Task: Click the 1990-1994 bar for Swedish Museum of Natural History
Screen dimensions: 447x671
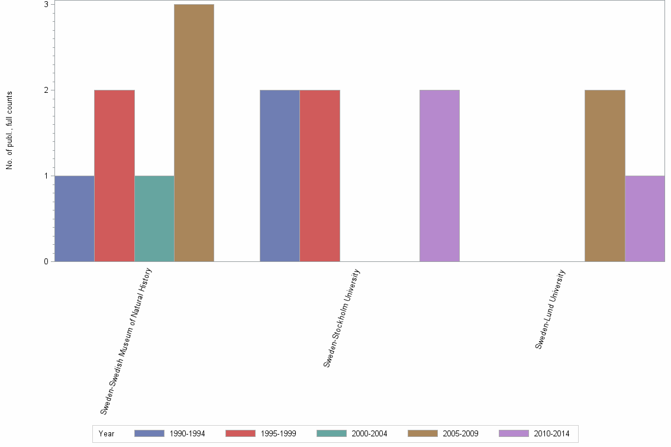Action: (74, 218)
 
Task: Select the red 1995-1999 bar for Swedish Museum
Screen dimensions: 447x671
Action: (114, 176)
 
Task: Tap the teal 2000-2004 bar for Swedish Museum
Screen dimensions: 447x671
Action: (154, 218)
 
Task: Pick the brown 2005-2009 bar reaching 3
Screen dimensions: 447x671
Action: (194, 133)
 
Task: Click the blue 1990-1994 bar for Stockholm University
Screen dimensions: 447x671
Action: (280, 176)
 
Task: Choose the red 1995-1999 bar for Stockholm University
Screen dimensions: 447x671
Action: (320, 176)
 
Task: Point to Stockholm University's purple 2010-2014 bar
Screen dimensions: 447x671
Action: (439, 176)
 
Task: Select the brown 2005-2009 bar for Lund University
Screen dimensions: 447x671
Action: (605, 176)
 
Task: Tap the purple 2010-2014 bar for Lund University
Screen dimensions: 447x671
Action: (644, 218)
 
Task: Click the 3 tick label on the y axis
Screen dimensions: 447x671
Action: (46, 5)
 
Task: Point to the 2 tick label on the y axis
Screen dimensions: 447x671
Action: (46, 90)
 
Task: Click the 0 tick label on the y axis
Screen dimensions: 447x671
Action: (46, 261)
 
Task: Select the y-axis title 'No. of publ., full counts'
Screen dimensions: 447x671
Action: (9, 131)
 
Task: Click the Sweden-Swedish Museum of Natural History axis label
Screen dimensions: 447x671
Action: (126, 341)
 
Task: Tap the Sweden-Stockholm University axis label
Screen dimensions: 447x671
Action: (342, 318)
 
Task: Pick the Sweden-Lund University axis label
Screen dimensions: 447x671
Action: (551, 309)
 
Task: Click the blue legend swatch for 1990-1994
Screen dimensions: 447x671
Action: (149, 433)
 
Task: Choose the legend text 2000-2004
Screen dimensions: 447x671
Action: (369, 434)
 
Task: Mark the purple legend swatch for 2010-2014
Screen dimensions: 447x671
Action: (514, 433)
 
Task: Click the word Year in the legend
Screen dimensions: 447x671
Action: (107, 434)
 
